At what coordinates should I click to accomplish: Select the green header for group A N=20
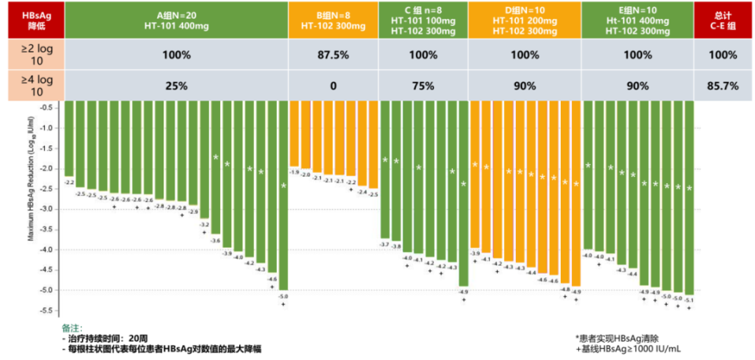pyautogui.click(x=175, y=20)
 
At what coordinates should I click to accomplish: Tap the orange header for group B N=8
pyautogui.click(x=333, y=20)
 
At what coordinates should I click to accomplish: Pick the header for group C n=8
pyautogui.click(x=422, y=20)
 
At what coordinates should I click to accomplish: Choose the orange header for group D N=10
pyautogui.click(x=524, y=20)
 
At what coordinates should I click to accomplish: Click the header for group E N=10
pyautogui.click(x=636, y=20)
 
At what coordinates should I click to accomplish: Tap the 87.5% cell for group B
pyautogui.click(x=333, y=56)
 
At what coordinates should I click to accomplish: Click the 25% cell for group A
pyautogui.click(x=175, y=86)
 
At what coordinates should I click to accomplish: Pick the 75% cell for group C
pyautogui.click(x=422, y=86)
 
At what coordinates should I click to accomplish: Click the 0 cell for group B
pyautogui.click(x=333, y=86)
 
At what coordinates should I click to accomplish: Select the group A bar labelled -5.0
pyautogui.click(x=283, y=197)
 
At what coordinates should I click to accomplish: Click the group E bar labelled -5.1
pyautogui.click(x=690, y=197)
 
